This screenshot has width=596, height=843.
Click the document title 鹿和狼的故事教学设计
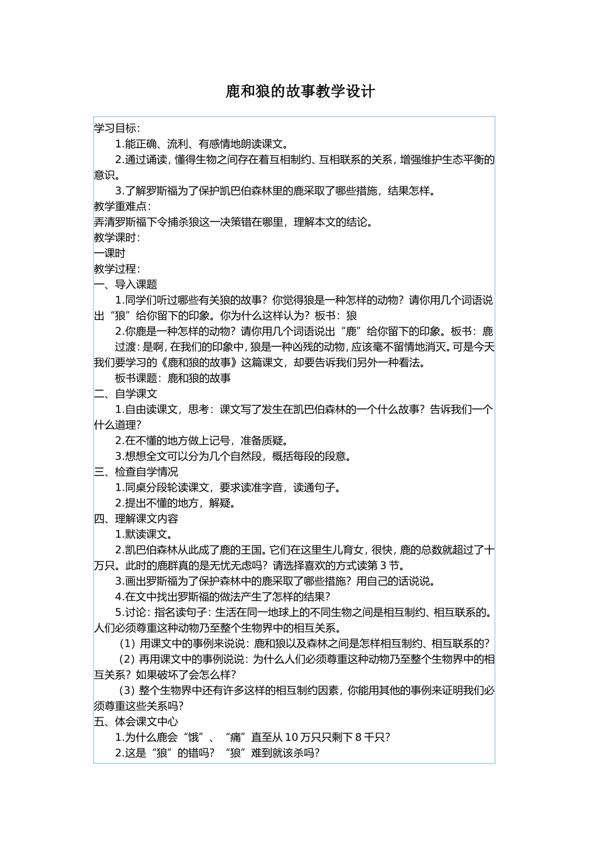pyautogui.click(x=300, y=92)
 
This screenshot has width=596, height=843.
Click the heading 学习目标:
pyautogui.click(x=117, y=128)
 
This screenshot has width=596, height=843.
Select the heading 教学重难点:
pyautogui.click(x=122, y=206)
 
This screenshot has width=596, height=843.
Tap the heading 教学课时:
pyautogui.click(x=117, y=238)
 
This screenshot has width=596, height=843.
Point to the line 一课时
pyautogui.click(x=110, y=253)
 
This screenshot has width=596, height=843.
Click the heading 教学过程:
pyautogui.click(x=117, y=269)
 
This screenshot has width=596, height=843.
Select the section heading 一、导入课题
pyautogui.click(x=125, y=285)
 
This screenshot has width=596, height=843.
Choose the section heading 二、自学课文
pyautogui.click(x=125, y=394)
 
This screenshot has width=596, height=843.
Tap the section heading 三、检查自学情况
pyautogui.click(x=136, y=472)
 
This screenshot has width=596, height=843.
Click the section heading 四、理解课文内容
pyautogui.click(x=136, y=519)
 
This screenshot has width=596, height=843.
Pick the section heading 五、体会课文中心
pyautogui.click(x=136, y=721)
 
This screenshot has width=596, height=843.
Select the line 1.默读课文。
pyautogui.click(x=144, y=534)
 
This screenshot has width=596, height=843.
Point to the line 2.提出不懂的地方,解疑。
pyautogui.click(x=176, y=503)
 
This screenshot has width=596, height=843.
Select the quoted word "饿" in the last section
pyautogui.click(x=193, y=738)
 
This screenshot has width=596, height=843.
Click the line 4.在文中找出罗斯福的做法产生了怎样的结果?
pyautogui.click(x=223, y=596)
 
